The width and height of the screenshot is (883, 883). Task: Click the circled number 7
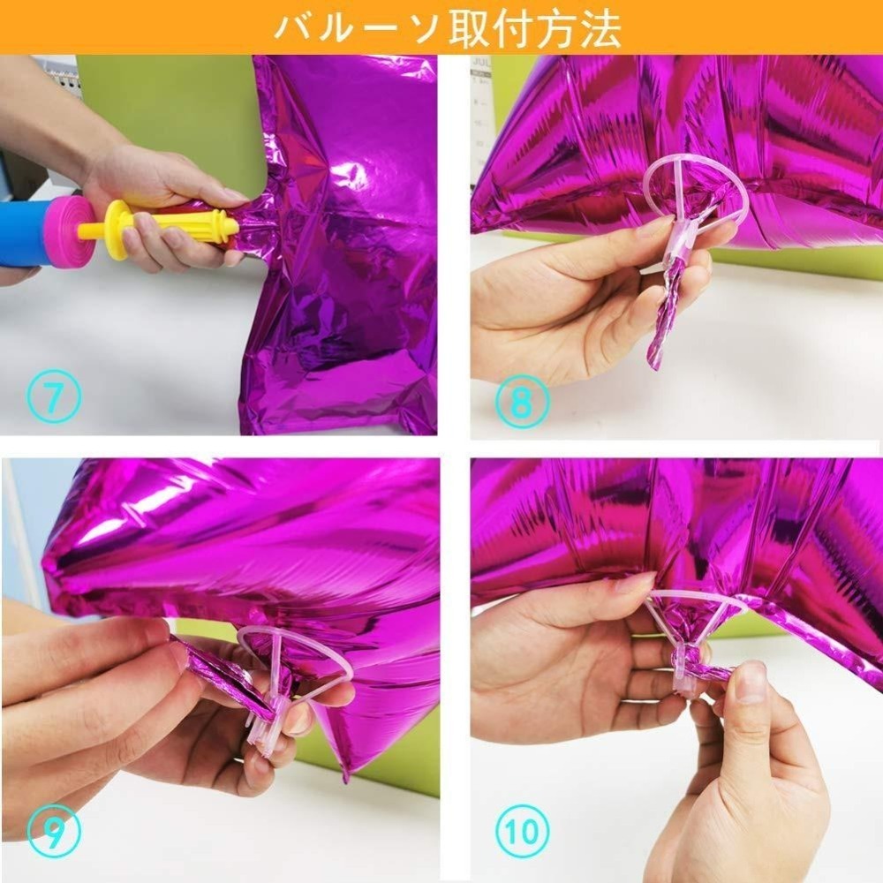54,396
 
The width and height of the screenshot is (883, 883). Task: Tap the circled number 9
54,831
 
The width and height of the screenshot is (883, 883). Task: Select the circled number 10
522,831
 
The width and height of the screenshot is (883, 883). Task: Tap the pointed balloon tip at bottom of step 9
344,776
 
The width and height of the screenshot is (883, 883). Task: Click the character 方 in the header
555,27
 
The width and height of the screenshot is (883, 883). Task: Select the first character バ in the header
294,27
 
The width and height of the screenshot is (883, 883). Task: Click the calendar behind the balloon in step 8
480,113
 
